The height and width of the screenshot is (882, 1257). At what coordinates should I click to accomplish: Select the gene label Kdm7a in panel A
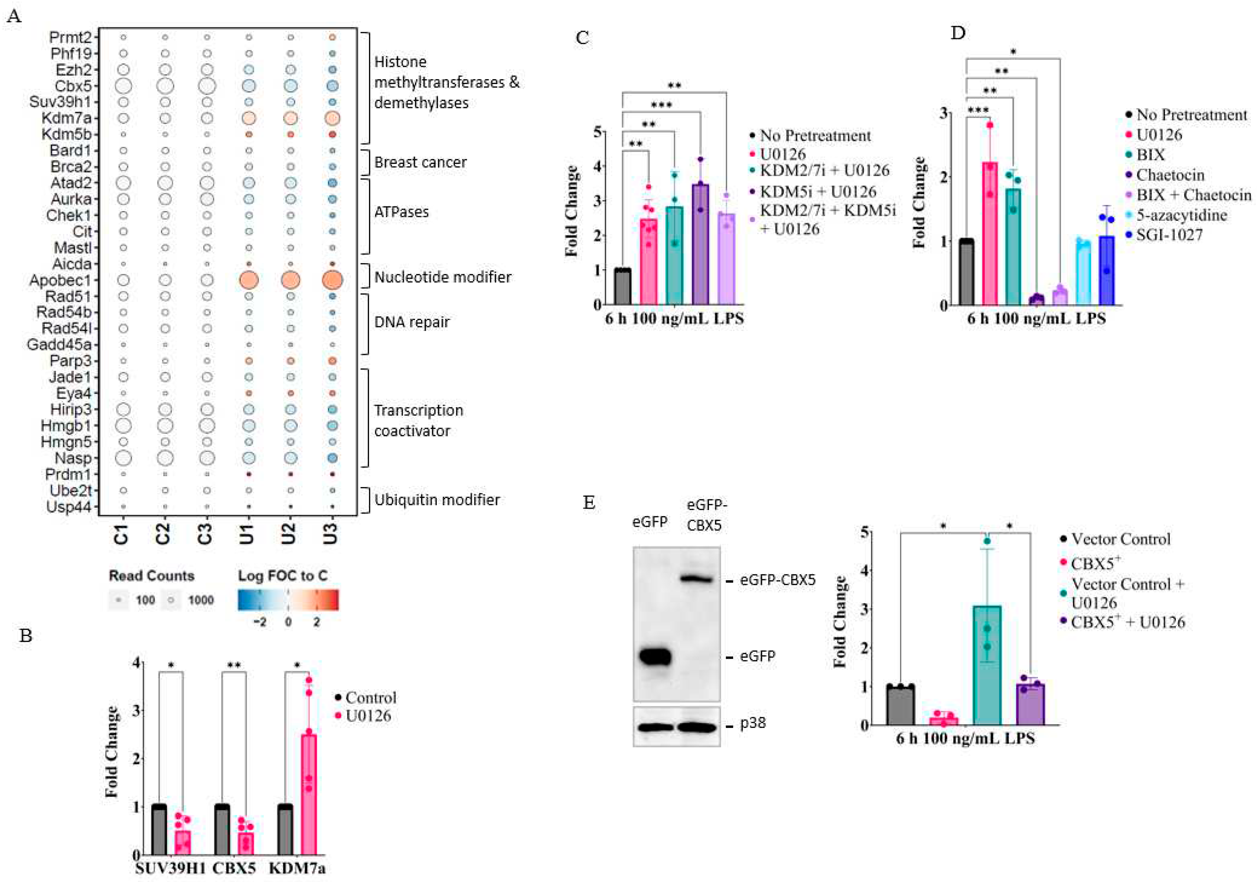(67, 118)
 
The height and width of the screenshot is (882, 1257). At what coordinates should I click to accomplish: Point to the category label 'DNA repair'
(411, 322)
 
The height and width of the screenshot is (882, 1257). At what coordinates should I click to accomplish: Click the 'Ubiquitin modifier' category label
(436, 500)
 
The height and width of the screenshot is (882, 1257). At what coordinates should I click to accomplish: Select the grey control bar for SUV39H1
(159, 830)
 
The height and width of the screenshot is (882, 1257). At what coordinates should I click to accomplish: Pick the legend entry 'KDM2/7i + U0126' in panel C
(824, 171)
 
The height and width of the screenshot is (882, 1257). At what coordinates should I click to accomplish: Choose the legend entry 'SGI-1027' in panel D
(1169, 235)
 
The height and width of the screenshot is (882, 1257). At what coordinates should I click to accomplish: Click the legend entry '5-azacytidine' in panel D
(1181, 215)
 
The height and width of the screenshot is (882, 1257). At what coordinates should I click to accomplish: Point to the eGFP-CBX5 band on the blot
(696, 578)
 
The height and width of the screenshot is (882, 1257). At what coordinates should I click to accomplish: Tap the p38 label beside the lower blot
(753, 723)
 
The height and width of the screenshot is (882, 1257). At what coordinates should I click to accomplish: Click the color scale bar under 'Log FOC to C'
(288, 600)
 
